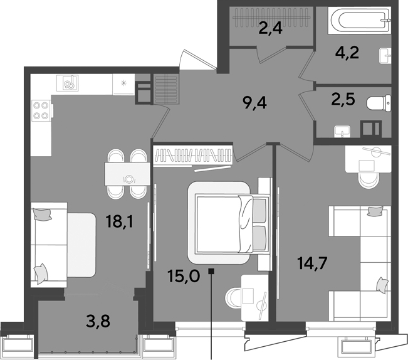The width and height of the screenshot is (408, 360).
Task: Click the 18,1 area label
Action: [x=120, y=222]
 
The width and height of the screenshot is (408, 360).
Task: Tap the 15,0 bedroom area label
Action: [x=184, y=276]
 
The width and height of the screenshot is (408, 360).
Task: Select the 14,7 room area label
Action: [x=312, y=263]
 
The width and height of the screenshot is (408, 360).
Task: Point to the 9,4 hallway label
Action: [x=254, y=103]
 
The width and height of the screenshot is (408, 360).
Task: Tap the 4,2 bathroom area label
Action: [x=347, y=53]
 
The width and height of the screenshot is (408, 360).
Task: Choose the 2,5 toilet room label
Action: [x=343, y=99]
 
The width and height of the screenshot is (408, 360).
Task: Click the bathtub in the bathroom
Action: [x=359, y=20]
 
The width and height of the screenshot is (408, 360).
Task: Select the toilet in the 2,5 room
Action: [x=379, y=103]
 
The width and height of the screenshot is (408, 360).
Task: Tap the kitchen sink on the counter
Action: [x=68, y=83]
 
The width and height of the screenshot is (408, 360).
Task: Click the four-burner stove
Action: [x=41, y=110]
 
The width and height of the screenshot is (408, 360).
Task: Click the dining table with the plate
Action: [x=127, y=174]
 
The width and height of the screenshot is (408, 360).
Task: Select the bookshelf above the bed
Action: [x=193, y=156]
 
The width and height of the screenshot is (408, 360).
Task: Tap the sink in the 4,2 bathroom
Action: [x=385, y=55]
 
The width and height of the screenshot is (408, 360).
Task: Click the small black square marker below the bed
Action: [x=211, y=272]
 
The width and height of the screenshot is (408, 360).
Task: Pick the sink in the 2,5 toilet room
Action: [x=342, y=131]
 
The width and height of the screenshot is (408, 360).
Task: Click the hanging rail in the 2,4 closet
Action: [x=271, y=18]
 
